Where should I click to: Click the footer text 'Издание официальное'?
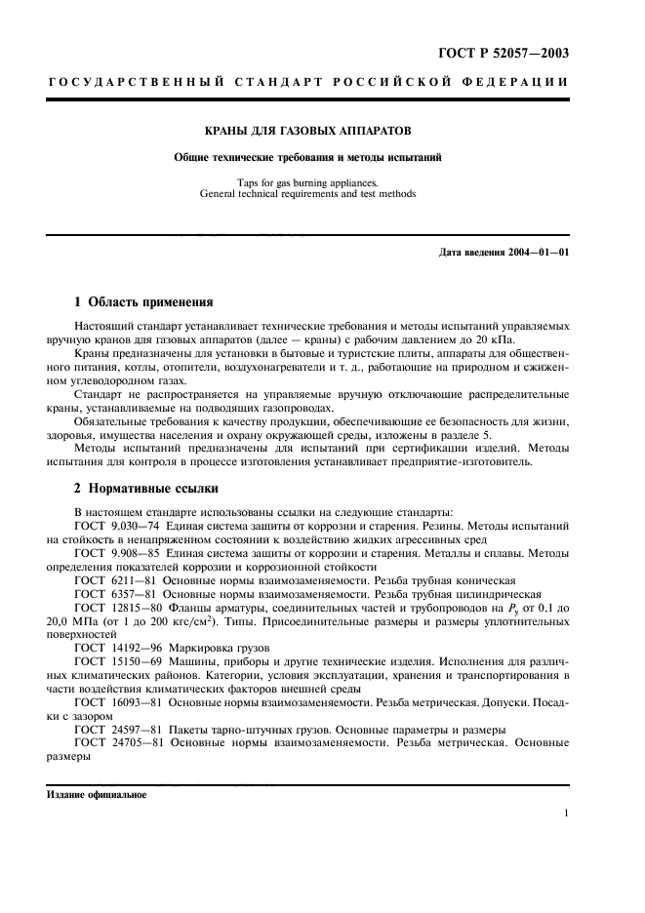coord(97,795)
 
